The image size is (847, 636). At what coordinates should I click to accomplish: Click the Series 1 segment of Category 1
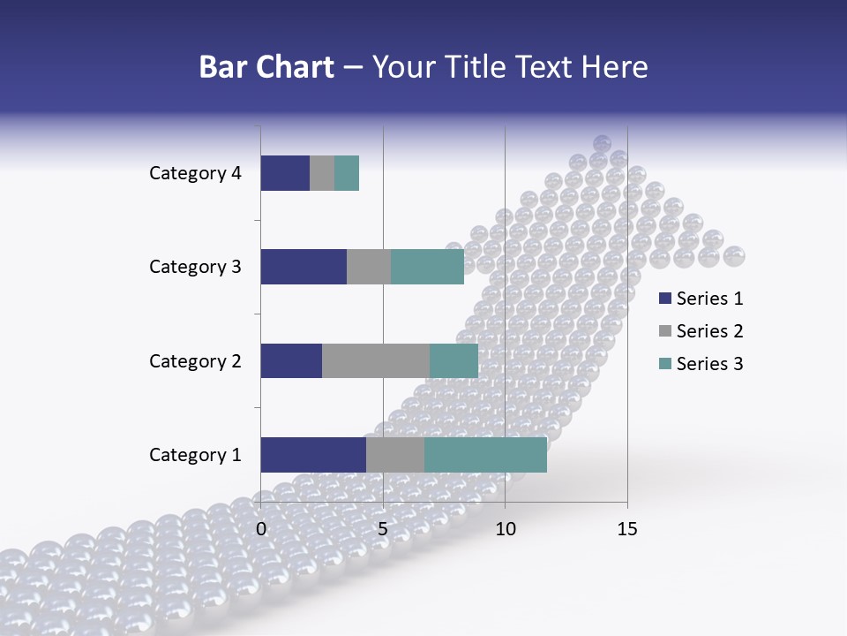click(313, 455)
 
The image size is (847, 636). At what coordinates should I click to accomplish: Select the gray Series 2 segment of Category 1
click(395, 455)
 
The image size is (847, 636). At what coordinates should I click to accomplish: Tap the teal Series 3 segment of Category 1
click(485, 455)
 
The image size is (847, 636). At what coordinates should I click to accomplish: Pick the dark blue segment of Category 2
click(291, 360)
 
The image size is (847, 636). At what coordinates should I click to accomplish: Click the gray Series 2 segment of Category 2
click(376, 360)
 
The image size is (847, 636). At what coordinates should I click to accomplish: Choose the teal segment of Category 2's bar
click(453, 360)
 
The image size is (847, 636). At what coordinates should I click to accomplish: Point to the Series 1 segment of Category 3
click(304, 267)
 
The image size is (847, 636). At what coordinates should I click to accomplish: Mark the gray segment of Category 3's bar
click(369, 267)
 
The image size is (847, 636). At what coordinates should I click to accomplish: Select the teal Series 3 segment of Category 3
click(427, 267)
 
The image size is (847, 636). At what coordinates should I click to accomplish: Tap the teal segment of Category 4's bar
click(347, 173)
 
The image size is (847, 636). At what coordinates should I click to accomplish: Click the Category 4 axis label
click(195, 173)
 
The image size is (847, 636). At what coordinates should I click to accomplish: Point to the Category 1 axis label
click(195, 455)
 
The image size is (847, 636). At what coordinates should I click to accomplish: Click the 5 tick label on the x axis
click(383, 529)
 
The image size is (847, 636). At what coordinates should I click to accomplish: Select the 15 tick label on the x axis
click(627, 529)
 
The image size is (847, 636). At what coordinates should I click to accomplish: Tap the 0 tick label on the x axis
click(261, 529)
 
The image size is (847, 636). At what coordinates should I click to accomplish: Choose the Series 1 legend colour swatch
click(664, 299)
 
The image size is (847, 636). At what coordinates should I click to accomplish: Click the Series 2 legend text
click(709, 331)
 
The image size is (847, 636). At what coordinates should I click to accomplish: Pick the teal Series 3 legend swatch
click(664, 364)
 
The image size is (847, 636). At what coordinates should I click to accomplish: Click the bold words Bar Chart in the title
click(266, 67)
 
